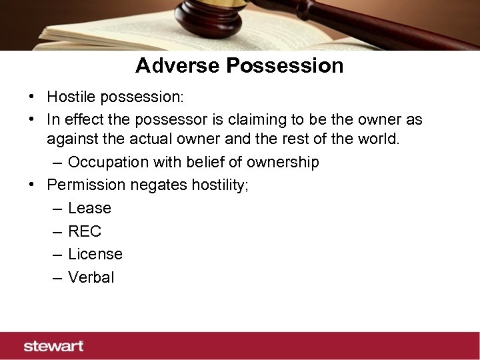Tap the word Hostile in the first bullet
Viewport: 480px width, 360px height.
pyautogui.click(x=71, y=97)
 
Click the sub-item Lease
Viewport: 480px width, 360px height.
pyautogui.click(x=89, y=208)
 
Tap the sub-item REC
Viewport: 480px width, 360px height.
pyautogui.click(x=85, y=231)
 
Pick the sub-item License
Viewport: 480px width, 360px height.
pyautogui.click(x=95, y=254)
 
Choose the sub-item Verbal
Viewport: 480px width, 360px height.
pyautogui.click(x=91, y=277)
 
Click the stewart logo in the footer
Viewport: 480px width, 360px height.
pyautogui.click(x=53, y=346)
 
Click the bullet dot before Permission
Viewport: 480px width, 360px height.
pyautogui.click(x=32, y=185)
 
